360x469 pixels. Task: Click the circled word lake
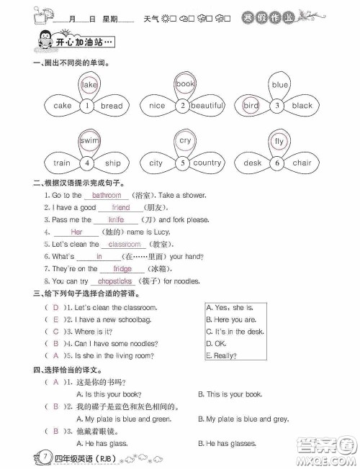(x=89, y=85)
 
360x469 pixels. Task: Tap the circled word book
(x=184, y=84)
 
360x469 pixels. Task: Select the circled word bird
(x=251, y=106)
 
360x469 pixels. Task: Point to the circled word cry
(x=185, y=141)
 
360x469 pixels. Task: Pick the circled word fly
(x=279, y=141)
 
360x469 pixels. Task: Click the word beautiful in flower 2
(x=207, y=106)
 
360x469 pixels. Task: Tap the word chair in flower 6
(x=302, y=163)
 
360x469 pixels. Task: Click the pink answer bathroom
(x=107, y=195)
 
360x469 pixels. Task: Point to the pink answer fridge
(x=122, y=268)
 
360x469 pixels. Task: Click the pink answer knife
(x=116, y=219)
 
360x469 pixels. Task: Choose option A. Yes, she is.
(x=231, y=307)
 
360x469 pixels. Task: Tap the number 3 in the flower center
(x=277, y=106)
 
